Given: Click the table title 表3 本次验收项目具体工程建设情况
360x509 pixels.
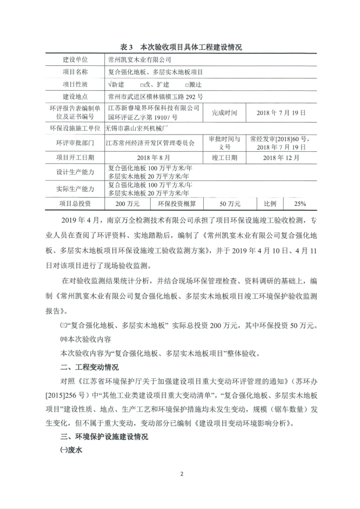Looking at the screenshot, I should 181,47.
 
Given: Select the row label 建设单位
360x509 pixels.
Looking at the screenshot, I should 75,59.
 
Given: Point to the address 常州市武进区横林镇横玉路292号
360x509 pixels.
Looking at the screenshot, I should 156,97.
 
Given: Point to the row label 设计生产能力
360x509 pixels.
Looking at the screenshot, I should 75,172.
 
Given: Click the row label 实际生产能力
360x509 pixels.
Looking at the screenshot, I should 75,189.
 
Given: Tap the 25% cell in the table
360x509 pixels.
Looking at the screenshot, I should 299,204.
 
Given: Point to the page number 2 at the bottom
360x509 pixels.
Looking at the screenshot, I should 182,474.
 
